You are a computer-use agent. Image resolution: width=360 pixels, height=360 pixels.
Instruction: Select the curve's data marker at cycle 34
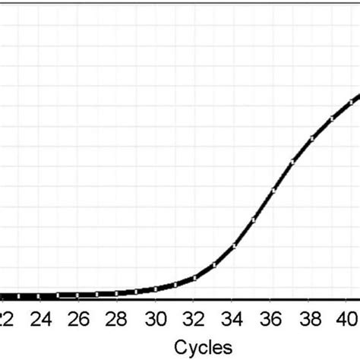click(x=234, y=245)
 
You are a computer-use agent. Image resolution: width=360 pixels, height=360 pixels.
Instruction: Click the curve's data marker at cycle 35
click(x=254, y=219)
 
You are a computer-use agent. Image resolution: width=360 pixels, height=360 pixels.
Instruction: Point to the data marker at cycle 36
click(x=273, y=189)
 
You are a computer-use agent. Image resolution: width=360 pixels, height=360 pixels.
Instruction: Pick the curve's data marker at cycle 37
click(x=292, y=161)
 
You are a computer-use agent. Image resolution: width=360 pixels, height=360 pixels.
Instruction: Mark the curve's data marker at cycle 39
click(x=331, y=118)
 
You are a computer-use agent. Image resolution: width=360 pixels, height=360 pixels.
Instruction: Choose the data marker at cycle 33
click(x=214, y=265)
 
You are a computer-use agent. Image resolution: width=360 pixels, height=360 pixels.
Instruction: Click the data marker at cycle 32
click(x=194, y=278)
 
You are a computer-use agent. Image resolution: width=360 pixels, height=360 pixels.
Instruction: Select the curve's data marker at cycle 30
click(x=156, y=289)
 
